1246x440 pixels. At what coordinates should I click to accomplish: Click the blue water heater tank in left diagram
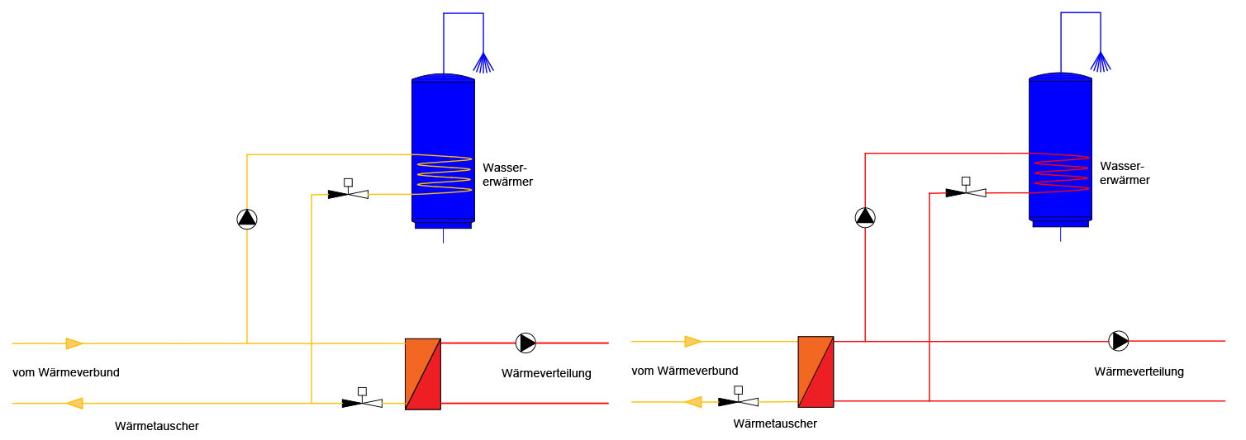(x=444, y=151)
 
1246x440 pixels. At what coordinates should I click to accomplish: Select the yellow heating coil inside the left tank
(x=444, y=175)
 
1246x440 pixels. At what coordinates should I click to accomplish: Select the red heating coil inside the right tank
(x=1061, y=173)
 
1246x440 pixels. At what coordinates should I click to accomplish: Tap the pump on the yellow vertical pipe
(x=247, y=219)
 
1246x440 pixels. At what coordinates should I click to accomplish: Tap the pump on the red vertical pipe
(x=865, y=217)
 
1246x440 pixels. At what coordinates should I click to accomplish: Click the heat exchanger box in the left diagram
(x=423, y=374)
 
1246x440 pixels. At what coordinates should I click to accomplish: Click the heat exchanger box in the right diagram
(x=816, y=371)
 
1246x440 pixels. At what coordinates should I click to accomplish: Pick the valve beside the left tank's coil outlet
(x=348, y=190)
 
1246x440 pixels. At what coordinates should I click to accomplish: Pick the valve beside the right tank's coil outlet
(x=966, y=188)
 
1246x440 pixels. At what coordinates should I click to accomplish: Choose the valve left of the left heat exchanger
(x=362, y=399)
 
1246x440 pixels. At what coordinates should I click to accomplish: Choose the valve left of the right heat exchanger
(x=738, y=397)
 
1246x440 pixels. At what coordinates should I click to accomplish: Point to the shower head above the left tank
(x=483, y=63)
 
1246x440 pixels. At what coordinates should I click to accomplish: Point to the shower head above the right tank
(x=1101, y=62)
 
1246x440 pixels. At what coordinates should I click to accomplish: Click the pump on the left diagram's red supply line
(x=526, y=343)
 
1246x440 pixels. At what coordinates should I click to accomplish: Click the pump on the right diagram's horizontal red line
(x=1119, y=341)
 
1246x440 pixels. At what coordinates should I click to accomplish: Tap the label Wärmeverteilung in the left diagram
(x=546, y=373)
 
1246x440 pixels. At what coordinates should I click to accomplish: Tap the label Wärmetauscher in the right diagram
(x=775, y=423)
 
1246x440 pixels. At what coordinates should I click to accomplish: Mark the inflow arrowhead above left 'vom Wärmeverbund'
(x=74, y=343)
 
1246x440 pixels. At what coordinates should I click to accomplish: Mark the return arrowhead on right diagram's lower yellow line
(x=693, y=402)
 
